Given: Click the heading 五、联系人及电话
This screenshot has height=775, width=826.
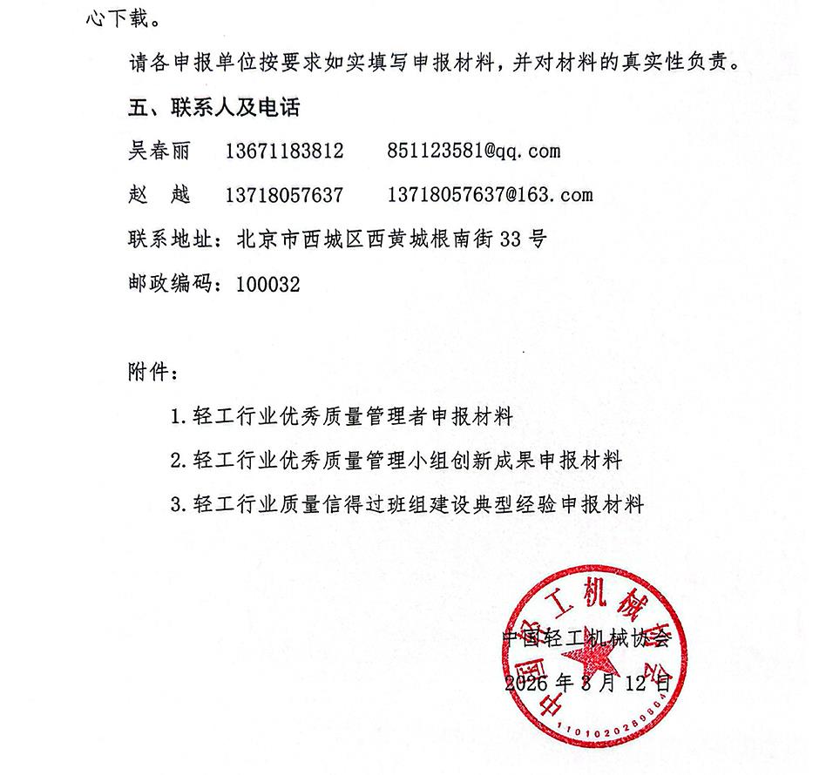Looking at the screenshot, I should pyautogui.click(x=200, y=109).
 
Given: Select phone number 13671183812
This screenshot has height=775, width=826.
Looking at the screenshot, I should pyautogui.click(x=284, y=152).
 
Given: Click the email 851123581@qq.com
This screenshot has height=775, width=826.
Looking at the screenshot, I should pyautogui.click(x=473, y=152).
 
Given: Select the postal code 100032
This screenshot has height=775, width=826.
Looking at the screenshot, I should pyautogui.click(x=267, y=284).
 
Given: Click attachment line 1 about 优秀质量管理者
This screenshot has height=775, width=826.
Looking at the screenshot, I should pyautogui.click(x=342, y=416).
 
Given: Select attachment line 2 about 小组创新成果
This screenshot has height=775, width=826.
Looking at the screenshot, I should pyautogui.click(x=396, y=460).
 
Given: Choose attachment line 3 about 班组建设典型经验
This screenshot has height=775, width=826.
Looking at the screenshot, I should pyautogui.click(x=407, y=504).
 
